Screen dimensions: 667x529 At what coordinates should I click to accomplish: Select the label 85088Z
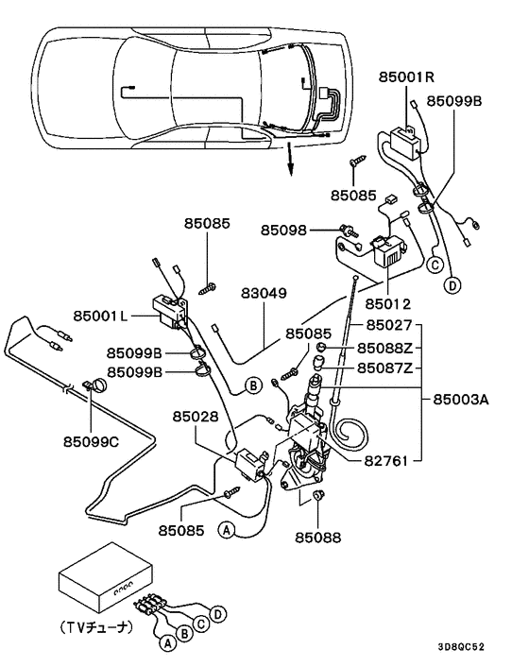coord(382,349)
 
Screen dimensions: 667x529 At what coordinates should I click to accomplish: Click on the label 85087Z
coord(382,368)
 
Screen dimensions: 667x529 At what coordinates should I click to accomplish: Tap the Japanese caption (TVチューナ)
coord(101,625)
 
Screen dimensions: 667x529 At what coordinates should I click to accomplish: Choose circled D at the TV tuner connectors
coord(218,615)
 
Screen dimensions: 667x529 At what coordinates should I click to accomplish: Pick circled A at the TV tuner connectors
coord(167,645)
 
